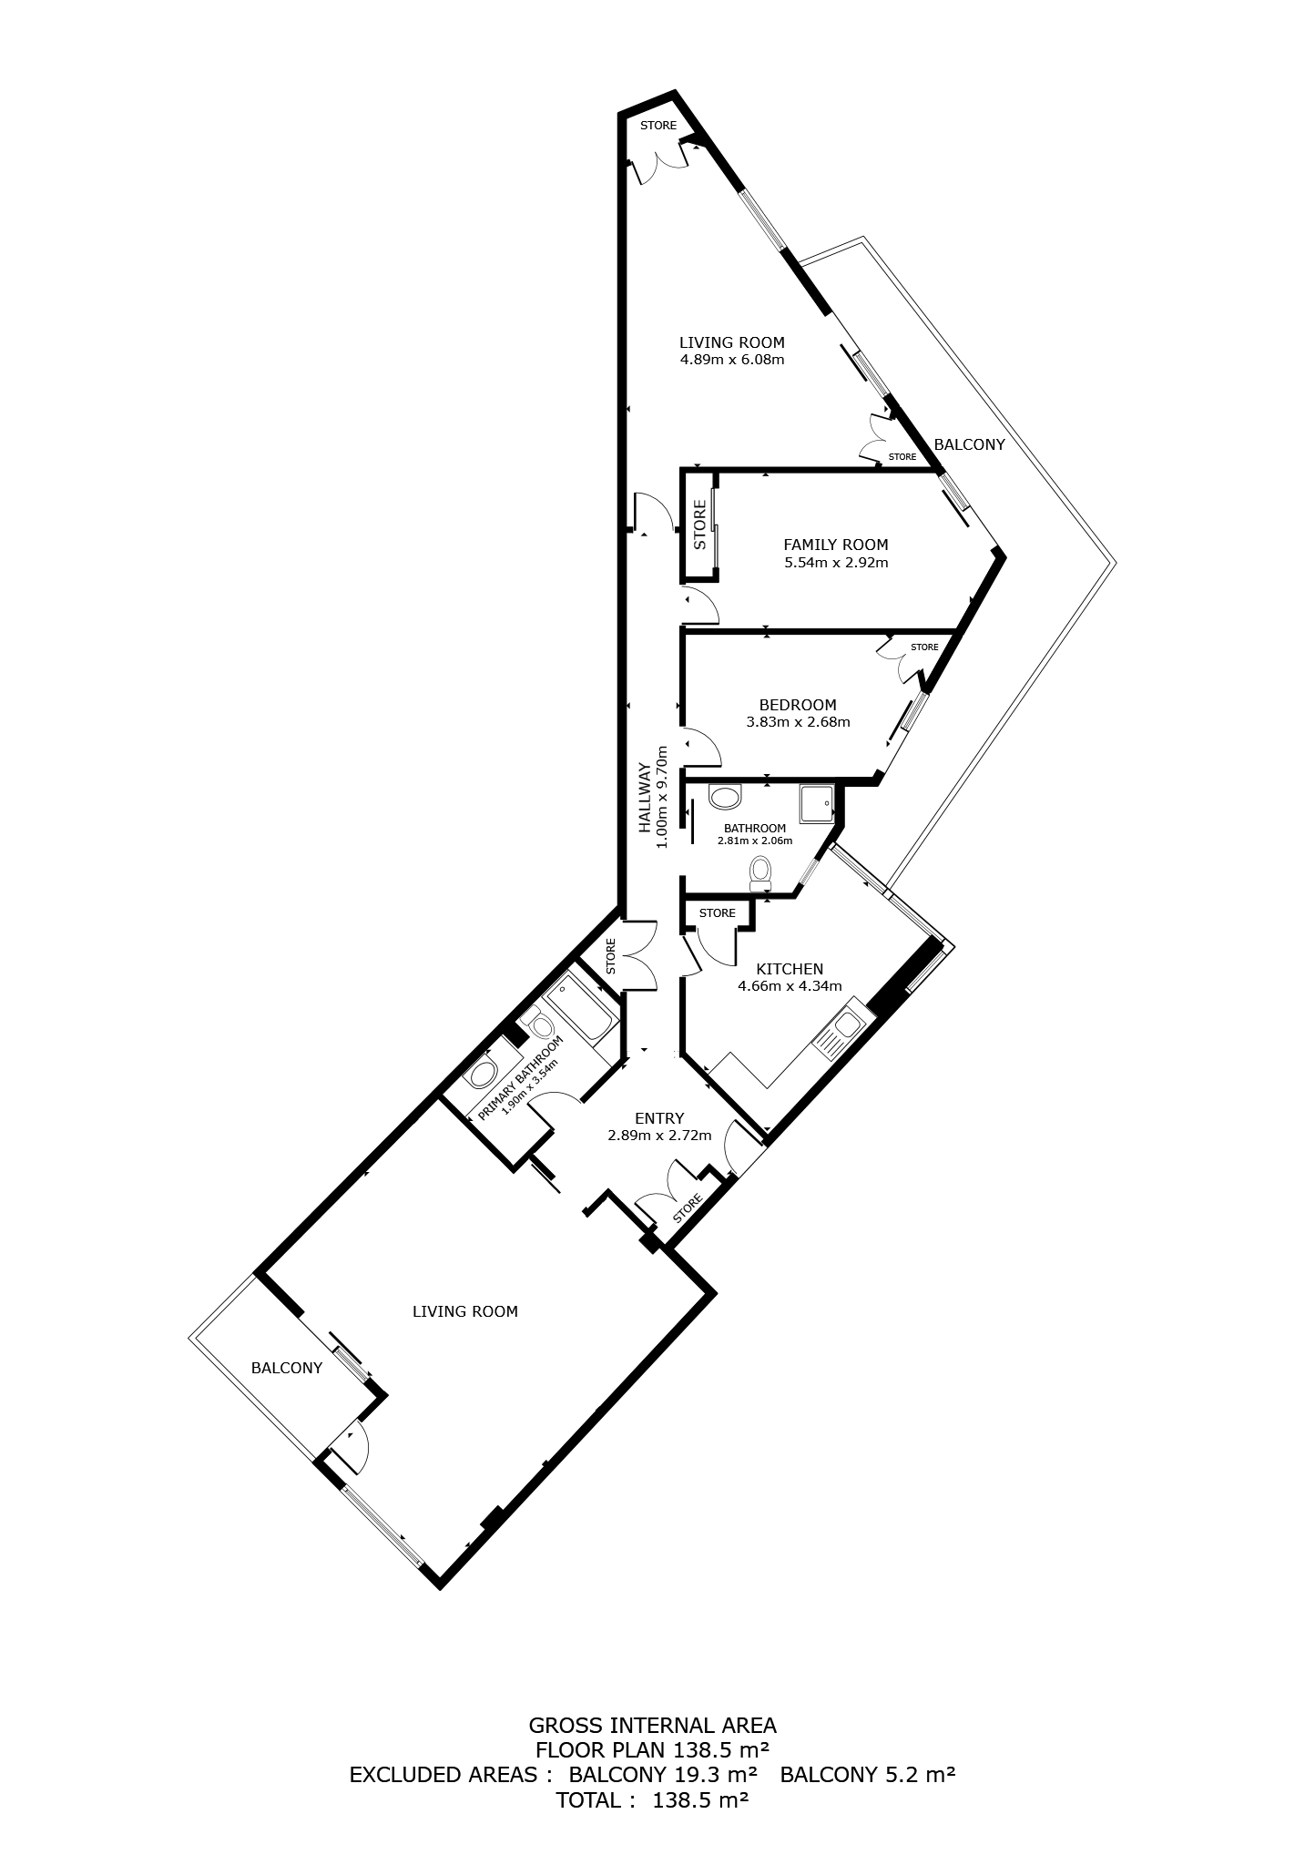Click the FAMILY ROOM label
click(835, 545)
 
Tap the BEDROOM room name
click(798, 705)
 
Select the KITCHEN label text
click(790, 969)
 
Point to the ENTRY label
click(659, 1118)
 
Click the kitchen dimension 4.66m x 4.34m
click(790, 985)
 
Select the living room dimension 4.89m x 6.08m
click(732, 360)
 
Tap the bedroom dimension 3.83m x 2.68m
click(798, 722)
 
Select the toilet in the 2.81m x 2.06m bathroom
click(759, 875)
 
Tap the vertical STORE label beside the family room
click(700, 524)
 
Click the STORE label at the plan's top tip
click(658, 126)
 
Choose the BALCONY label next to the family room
click(970, 444)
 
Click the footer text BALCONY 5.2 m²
click(868, 1774)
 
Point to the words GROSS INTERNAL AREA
click(653, 1725)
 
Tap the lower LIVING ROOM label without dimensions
click(465, 1311)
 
